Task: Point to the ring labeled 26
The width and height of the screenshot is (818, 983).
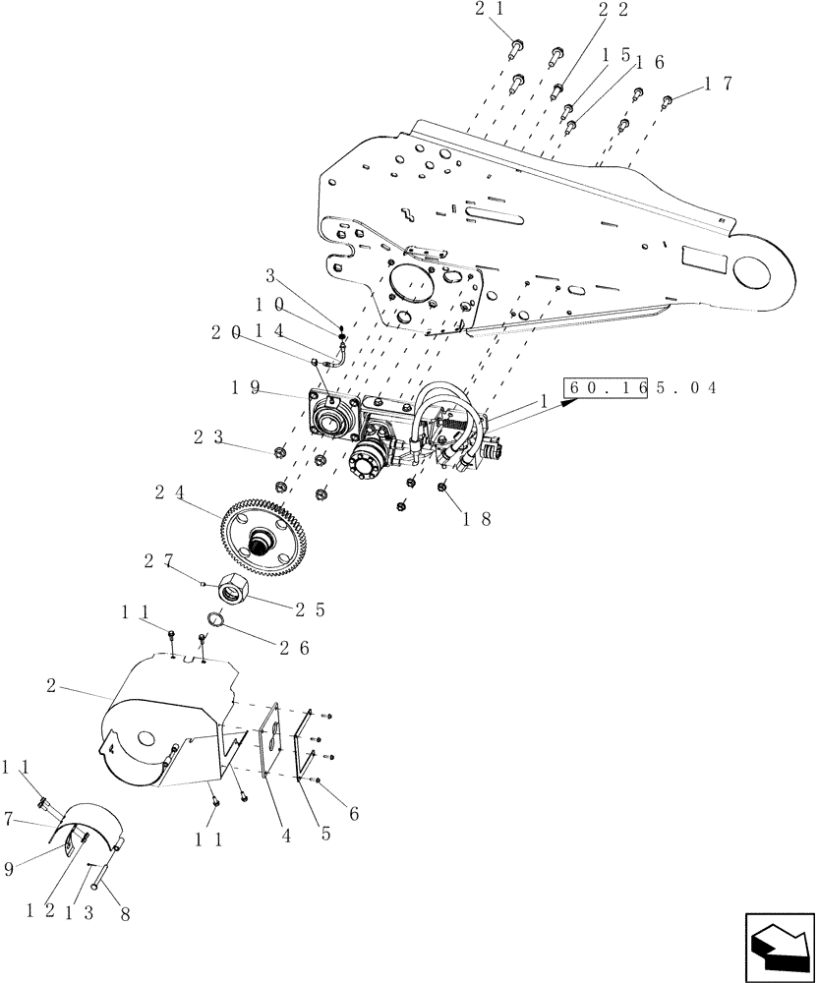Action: tap(216, 621)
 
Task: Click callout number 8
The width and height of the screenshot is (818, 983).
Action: tap(124, 914)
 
